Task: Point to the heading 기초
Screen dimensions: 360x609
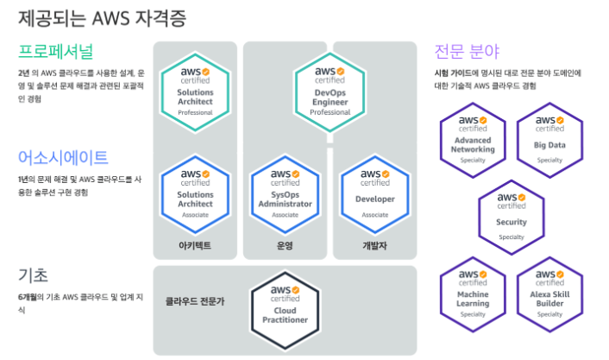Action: pyautogui.click(x=33, y=275)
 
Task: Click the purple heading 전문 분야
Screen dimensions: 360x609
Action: pyautogui.click(x=468, y=50)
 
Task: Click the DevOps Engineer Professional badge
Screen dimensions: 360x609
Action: pyautogui.click(x=330, y=89)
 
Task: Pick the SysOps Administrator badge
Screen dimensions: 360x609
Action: pyautogui.click(x=285, y=190)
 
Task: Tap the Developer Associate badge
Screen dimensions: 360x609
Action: pyautogui.click(x=374, y=190)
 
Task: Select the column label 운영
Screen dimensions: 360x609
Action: pyautogui.click(x=285, y=246)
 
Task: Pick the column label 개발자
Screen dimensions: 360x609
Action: pyautogui.click(x=374, y=246)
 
